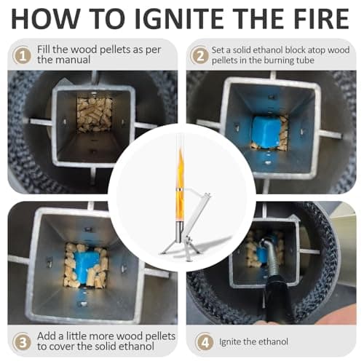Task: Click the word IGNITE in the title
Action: click(x=182, y=19)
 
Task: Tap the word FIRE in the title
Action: click(x=319, y=19)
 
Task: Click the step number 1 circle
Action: click(x=22, y=55)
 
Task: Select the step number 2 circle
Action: click(x=199, y=55)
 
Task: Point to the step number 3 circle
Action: click(x=22, y=341)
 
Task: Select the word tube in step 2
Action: click(x=304, y=60)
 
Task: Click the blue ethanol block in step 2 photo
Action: click(x=266, y=133)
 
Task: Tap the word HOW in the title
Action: click(x=46, y=19)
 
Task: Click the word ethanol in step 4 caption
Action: click(x=273, y=341)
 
